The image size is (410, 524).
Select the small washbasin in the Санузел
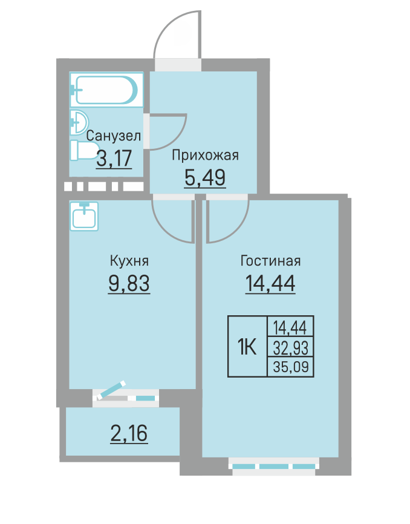[79, 122]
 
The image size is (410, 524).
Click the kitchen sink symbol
[84, 216]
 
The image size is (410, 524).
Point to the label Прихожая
[206, 156]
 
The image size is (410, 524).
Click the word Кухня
[129, 261]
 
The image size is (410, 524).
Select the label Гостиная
[270, 261]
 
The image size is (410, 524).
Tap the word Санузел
[114, 136]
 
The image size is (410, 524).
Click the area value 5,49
[205, 177]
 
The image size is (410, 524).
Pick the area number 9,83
[129, 283]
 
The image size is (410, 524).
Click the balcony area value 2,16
[129, 433]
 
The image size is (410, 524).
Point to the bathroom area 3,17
[114, 158]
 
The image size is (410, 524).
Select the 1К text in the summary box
[247, 347]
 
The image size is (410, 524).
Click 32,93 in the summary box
[290, 347]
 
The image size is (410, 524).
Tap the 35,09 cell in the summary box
[290, 367]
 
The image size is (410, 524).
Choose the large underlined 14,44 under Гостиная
[270, 283]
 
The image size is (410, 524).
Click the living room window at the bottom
[274, 467]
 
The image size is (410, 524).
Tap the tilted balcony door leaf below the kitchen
[111, 390]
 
